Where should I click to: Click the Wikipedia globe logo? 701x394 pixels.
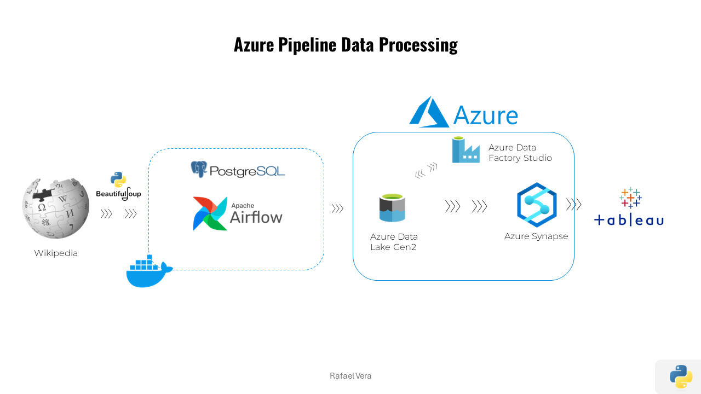(x=56, y=208)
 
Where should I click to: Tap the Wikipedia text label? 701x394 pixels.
(x=56, y=253)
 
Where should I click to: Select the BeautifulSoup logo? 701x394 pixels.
(x=118, y=187)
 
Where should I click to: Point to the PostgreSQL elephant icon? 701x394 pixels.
(x=199, y=169)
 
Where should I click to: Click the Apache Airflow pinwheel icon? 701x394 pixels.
(x=210, y=213)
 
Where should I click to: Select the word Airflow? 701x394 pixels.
(x=256, y=217)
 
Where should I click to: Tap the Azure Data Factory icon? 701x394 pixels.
(x=466, y=150)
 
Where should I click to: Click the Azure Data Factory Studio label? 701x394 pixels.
(x=520, y=153)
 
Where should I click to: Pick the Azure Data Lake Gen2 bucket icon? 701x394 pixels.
(x=392, y=208)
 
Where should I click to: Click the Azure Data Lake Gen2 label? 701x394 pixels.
(x=394, y=242)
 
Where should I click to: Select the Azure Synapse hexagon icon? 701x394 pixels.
(x=537, y=205)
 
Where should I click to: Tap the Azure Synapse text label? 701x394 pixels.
(x=536, y=236)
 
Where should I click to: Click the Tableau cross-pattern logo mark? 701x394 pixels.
(x=630, y=198)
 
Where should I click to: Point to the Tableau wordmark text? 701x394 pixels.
(x=629, y=220)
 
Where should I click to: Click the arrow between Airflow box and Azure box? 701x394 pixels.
(x=337, y=208)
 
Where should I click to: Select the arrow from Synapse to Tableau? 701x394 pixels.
(x=573, y=205)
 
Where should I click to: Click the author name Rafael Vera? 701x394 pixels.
(x=350, y=376)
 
